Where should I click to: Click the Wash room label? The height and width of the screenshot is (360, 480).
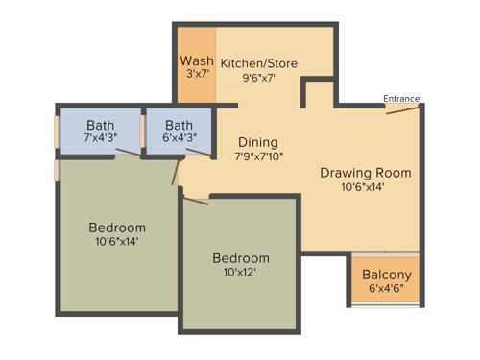pos(196,60)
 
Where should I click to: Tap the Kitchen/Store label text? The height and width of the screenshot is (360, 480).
pos(258,63)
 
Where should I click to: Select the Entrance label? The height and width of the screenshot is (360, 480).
pos(401,98)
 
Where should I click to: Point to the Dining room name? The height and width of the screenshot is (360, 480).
pos(257,141)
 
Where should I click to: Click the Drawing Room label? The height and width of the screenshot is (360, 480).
pos(365,173)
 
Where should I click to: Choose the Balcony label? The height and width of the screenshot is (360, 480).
pos(386,276)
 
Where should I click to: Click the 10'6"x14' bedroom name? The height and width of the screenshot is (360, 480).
pos(117,228)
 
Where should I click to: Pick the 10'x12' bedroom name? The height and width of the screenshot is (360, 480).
pos(240,258)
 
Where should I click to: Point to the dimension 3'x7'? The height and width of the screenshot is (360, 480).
pos(196,75)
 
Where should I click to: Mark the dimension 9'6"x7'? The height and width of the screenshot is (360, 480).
pos(258,79)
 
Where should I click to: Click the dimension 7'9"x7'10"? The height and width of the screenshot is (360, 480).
pos(257,156)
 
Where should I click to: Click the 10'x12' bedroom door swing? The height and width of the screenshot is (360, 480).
pos(195,200)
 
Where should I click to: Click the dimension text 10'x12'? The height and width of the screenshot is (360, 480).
pos(240,273)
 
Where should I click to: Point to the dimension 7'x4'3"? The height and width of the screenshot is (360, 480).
pos(100,137)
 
